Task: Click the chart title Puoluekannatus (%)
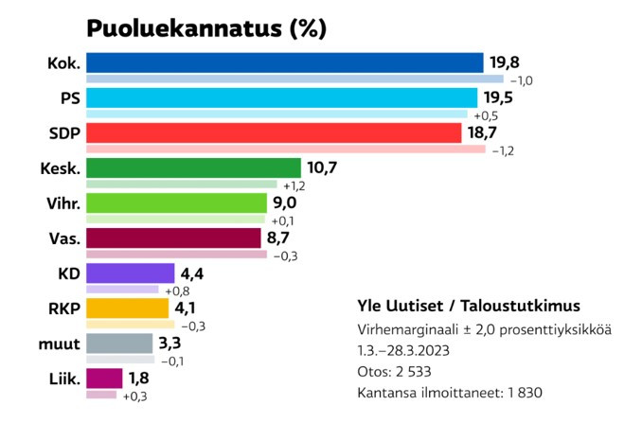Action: tap(206, 28)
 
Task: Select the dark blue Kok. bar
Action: tap(284, 63)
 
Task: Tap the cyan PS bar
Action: tap(281, 98)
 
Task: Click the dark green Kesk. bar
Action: tap(193, 168)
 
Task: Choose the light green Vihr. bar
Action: tap(177, 203)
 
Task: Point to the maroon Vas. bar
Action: tap(173, 238)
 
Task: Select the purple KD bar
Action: tap(131, 273)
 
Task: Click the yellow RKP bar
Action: tap(128, 308)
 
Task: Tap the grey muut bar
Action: tap(119, 344)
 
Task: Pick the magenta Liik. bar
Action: tap(104, 379)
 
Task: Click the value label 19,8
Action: tap(505, 63)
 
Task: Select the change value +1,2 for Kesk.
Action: tap(294, 185)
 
